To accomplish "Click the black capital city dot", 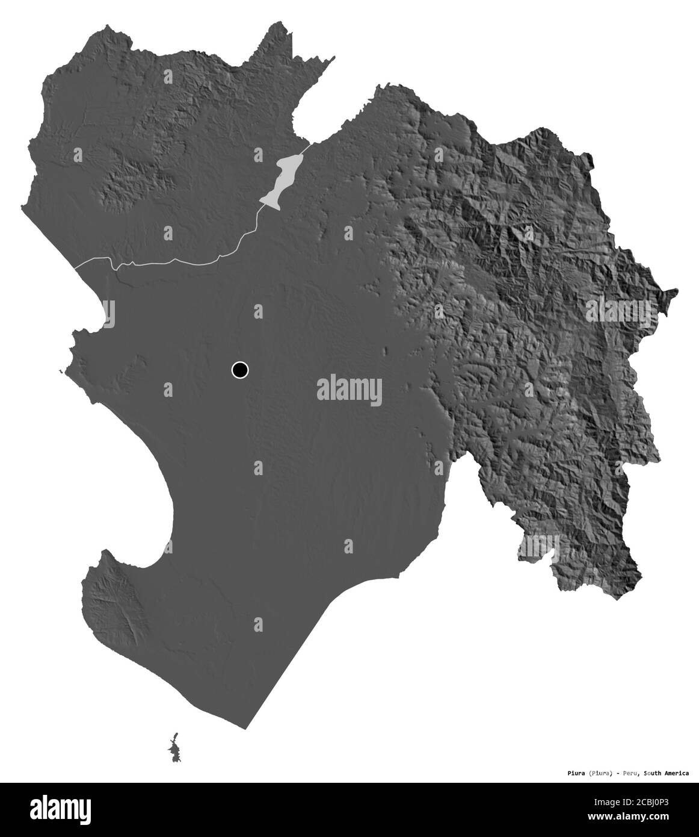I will [239, 370].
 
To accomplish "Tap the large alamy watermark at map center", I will [349, 388].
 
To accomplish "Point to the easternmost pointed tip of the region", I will [677, 292].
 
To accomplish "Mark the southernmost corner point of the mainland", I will [245, 729].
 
